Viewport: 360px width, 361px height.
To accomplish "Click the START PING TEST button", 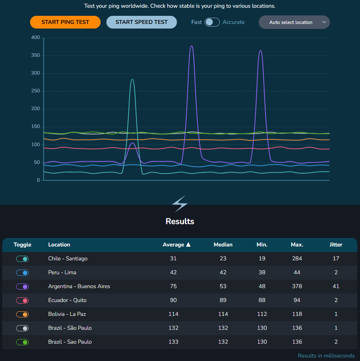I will tap(65, 22).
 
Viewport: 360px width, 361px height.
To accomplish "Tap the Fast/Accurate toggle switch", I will tap(212, 22).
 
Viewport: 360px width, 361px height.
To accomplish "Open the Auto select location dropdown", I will tap(294, 22).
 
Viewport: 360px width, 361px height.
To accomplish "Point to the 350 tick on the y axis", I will tap(35, 56).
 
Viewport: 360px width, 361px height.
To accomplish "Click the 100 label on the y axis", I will tap(35, 145).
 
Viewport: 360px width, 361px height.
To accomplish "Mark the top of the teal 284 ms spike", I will tap(132, 79).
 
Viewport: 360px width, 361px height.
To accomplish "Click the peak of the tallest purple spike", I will tap(192, 46).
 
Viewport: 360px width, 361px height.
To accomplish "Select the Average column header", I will tap(177, 245).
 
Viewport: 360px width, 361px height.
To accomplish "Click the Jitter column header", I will tap(336, 245).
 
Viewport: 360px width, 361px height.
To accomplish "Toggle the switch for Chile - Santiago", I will tap(22, 259).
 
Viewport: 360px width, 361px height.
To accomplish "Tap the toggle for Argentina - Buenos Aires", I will tap(22, 287).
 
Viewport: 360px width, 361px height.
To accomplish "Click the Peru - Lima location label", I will tap(62, 272).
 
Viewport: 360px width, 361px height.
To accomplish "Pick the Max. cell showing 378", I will tap(297, 286).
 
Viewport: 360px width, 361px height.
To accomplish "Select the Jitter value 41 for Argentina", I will tap(336, 286).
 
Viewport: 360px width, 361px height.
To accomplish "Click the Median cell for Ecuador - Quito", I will tap(223, 300).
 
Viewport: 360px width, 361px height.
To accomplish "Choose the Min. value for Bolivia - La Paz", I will tap(262, 314).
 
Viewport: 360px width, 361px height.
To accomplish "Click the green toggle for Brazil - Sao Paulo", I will tap(22, 342).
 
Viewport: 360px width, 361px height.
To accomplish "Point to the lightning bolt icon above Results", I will tap(180, 204).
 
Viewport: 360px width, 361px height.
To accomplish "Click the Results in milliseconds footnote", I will tap(326, 356).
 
